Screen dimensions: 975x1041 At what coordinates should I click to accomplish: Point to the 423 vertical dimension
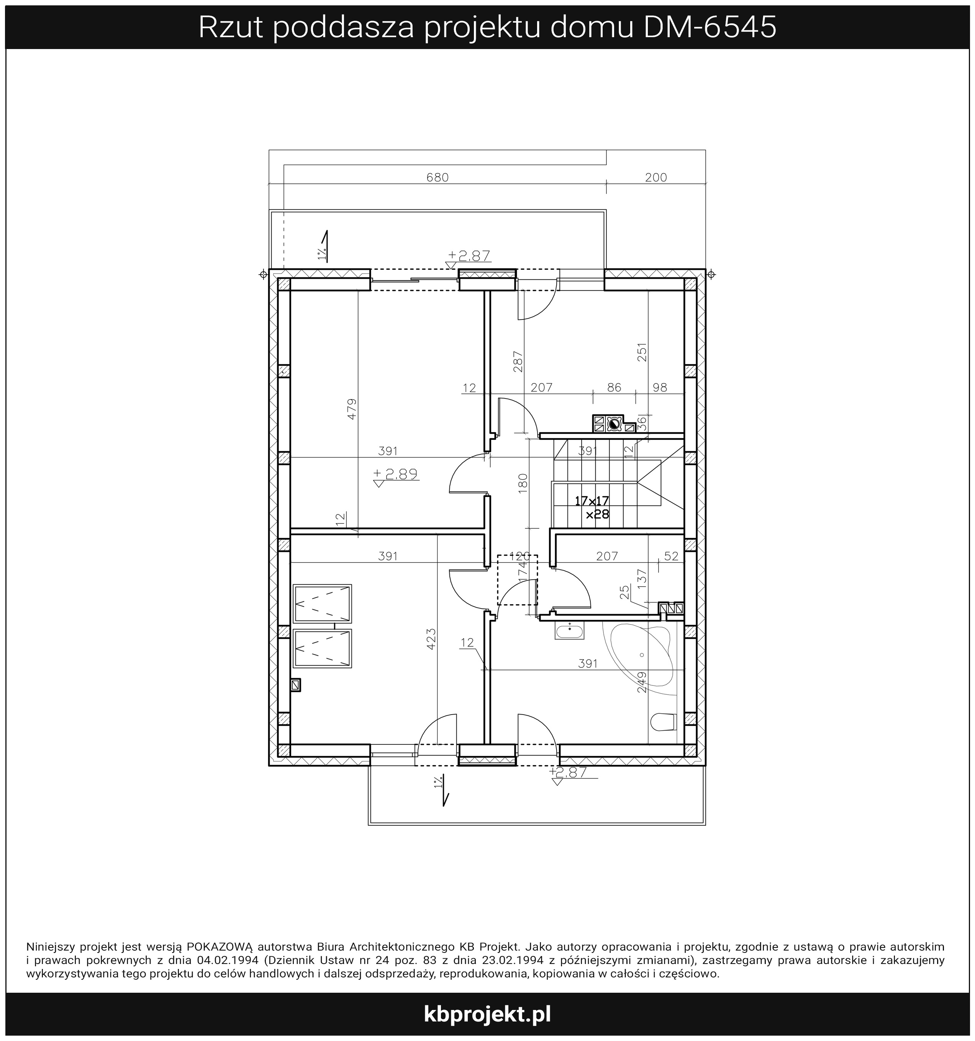click(x=431, y=639)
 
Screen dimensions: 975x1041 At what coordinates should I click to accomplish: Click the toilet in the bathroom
click(x=664, y=722)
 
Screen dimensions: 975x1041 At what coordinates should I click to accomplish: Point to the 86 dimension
click(x=614, y=387)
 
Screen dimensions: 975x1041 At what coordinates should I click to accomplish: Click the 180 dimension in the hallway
click(x=523, y=484)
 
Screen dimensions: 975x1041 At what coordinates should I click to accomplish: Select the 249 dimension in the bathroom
click(x=642, y=682)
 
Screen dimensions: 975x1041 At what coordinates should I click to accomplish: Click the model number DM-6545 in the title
click(x=710, y=28)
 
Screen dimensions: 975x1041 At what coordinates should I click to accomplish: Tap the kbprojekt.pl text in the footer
click(x=487, y=1014)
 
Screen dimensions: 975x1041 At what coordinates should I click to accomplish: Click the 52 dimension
click(x=671, y=556)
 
